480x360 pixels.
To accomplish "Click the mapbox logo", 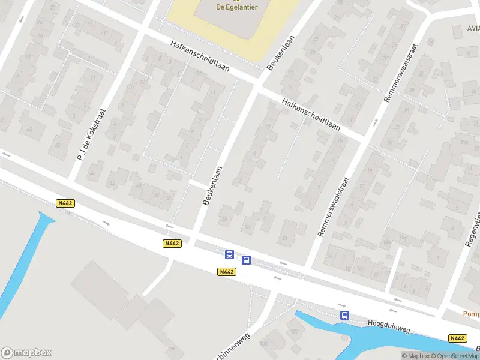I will (x=26, y=353).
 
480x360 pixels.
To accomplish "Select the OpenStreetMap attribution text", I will (x=452, y=356).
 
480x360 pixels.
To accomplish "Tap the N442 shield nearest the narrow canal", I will (x=65, y=203).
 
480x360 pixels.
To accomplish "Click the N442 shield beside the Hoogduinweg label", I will (x=457, y=338).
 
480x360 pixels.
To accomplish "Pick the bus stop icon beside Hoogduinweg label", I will (x=344, y=315).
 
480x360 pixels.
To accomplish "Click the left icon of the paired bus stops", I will (x=229, y=254).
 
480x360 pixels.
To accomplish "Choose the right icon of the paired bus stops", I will (x=246, y=260).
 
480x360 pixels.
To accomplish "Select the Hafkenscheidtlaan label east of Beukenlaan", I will (x=311, y=115).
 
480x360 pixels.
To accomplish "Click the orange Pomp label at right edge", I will (x=471, y=313).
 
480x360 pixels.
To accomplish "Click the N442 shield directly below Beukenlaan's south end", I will (x=172, y=243).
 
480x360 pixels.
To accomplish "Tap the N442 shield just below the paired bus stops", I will (x=227, y=272).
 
